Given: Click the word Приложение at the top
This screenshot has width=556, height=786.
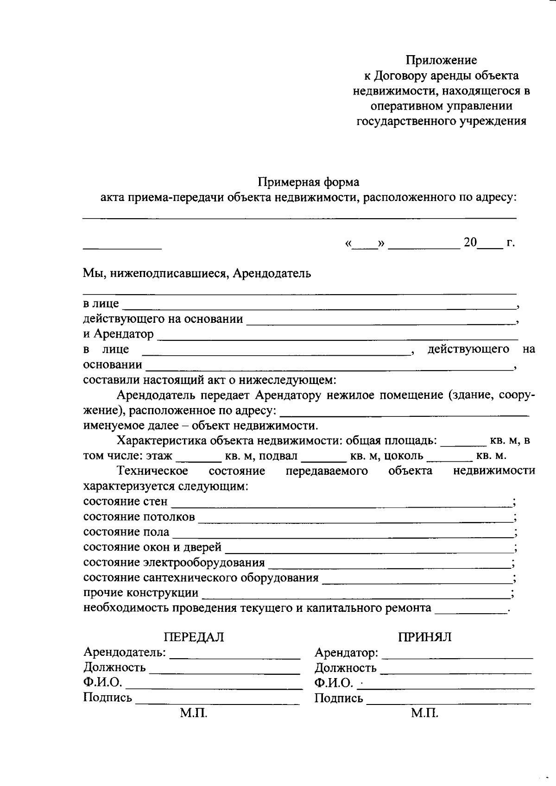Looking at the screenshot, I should [441, 60].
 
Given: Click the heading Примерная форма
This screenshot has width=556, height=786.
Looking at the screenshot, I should [308, 182].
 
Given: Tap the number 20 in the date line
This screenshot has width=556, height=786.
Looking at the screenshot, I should [470, 242].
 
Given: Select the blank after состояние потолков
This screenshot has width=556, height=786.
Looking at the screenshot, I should [355, 520].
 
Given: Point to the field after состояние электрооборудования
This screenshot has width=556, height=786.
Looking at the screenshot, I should [389, 566].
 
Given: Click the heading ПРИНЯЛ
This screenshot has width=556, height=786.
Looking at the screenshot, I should [425, 637].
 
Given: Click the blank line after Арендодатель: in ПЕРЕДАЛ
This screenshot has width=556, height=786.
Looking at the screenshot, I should [235, 657].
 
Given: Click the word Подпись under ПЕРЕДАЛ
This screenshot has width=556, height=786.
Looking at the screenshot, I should [107, 698].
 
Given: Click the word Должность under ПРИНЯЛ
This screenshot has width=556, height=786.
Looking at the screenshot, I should [345, 668].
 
